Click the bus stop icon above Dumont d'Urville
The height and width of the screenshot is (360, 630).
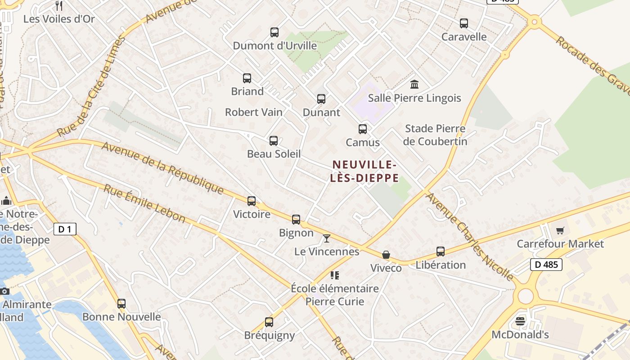click(274, 32)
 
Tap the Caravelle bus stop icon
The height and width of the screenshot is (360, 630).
click(464, 23)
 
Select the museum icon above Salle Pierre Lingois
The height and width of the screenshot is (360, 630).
click(414, 84)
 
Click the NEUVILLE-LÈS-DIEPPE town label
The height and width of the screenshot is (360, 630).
click(364, 171)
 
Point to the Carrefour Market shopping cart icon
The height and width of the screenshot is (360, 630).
click(560, 231)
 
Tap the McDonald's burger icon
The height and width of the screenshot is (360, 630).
click(520, 321)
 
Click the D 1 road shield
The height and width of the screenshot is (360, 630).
click(65, 229)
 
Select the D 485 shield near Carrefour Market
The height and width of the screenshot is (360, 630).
click(547, 265)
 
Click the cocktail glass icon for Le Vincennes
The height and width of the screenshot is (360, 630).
click(327, 238)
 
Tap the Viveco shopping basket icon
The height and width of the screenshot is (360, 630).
click(386, 255)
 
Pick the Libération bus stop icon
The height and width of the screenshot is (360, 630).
click(441, 252)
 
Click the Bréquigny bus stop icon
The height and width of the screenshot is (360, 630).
click(269, 322)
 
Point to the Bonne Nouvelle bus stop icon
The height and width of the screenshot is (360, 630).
click(121, 304)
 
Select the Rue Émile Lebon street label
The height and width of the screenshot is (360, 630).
click(144, 203)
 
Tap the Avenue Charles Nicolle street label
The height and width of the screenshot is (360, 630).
click(470, 237)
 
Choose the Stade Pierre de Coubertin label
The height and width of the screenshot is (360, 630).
click(435, 135)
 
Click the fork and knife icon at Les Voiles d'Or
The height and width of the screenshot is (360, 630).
click(59, 6)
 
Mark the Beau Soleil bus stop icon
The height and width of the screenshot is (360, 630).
click(274, 141)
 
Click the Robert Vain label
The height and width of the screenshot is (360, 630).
click(254, 112)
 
